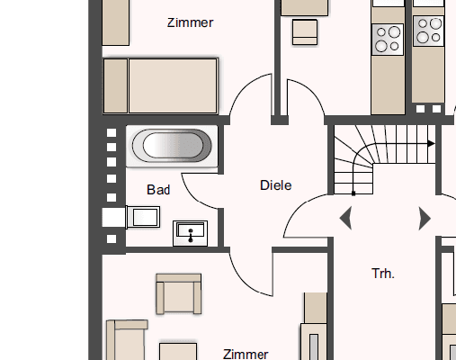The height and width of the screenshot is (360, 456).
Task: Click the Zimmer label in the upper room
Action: tap(190, 22)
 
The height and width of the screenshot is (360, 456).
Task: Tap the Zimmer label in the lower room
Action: tap(246, 354)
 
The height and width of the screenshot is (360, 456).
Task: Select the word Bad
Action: tap(158, 190)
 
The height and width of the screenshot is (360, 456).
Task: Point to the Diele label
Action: tap(276, 185)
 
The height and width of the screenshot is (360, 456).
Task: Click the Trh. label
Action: tap(383, 273)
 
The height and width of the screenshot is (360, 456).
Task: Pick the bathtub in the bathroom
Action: tap(171, 146)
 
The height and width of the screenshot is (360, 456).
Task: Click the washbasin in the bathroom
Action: tap(191, 233)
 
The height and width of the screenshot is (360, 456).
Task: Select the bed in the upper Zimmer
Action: tap(160, 85)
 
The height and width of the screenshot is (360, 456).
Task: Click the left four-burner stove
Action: tap(388, 39)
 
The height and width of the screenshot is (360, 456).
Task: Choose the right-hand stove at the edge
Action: tap(427, 31)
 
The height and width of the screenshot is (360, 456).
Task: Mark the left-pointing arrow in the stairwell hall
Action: tap(345, 218)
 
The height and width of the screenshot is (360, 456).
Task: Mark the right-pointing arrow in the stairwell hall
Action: tap(425, 218)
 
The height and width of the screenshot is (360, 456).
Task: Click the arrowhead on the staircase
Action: tap(431, 143)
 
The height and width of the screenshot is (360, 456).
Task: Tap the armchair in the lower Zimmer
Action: tap(176, 294)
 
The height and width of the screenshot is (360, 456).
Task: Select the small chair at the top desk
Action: tap(306, 31)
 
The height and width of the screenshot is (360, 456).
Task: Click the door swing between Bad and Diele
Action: tap(202, 189)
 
